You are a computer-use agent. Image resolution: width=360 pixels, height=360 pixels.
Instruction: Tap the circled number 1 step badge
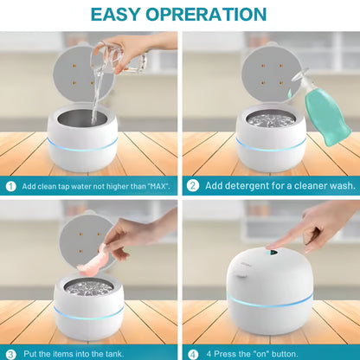pyautogui.click(x=11, y=185)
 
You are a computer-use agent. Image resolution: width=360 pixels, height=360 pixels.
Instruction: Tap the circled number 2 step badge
pyautogui.click(x=193, y=185)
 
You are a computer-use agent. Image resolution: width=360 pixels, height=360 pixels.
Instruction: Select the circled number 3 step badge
pyautogui.click(x=11, y=352)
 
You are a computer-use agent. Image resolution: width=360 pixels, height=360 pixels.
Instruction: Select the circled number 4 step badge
pyautogui.click(x=193, y=352)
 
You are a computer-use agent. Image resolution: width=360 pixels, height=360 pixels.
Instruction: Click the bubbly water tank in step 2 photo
pyautogui.click(x=269, y=119)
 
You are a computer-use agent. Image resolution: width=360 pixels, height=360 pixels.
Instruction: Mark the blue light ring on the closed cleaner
pyautogui.click(x=270, y=300)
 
